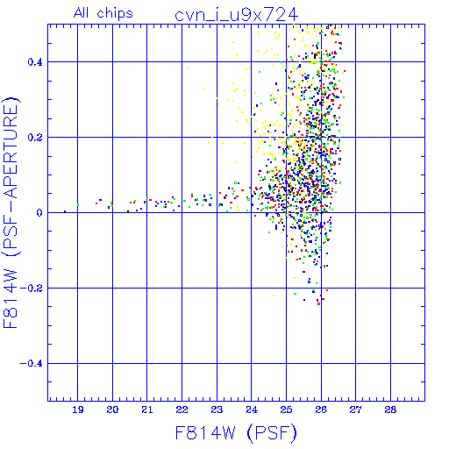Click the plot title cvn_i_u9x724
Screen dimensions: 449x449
[236, 15]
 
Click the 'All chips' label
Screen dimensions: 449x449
[103, 13]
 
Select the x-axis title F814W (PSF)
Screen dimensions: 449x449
[236, 433]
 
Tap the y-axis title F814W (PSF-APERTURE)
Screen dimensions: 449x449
[11, 212]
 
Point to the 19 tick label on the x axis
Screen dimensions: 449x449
[78, 410]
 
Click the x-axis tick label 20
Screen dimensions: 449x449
[112, 410]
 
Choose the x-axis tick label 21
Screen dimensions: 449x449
[147, 410]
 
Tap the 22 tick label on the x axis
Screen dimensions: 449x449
[182, 410]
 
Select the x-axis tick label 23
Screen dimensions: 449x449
[217, 410]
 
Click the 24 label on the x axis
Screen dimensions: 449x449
[252, 410]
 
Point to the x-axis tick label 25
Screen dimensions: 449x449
[286, 410]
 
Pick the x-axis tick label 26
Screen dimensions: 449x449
[321, 410]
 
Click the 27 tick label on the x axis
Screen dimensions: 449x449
[356, 410]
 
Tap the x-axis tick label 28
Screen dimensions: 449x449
[390, 410]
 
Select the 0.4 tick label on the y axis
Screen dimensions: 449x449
[35, 62]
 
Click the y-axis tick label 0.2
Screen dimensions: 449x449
[35, 138]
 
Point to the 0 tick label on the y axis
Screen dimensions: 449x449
[39, 213]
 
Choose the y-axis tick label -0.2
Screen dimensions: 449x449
[32, 289]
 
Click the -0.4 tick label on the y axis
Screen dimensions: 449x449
[32, 364]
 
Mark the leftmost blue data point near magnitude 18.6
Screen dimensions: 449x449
[65, 211]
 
